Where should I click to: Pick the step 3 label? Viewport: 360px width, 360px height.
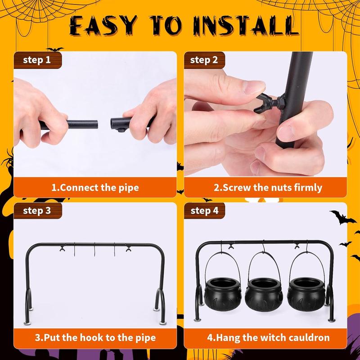(37, 211)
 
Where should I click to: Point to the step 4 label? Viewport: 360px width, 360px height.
(205, 211)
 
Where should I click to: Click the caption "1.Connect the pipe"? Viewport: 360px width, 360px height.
(95, 187)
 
